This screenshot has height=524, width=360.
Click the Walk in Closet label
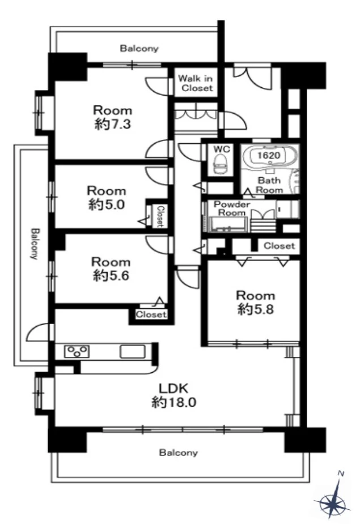[x=196, y=83]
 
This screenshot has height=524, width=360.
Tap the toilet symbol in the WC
[x=219, y=164]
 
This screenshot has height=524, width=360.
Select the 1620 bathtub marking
[x=269, y=155]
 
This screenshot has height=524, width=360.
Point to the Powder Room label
[x=232, y=208]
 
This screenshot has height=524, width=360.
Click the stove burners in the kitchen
[x=77, y=352]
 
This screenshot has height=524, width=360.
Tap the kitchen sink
[x=133, y=352]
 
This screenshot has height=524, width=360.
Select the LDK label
[x=173, y=388]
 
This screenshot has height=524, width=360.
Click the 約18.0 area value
[x=173, y=402]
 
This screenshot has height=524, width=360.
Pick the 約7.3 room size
[x=112, y=124]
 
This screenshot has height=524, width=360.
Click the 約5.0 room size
[x=107, y=204]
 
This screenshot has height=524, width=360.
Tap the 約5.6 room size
[x=111, y=276]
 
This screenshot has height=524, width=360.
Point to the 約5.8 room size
[x=256, y=309]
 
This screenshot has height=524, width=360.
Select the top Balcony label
[x=139, y=49]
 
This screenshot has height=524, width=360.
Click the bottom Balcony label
[x=179, y=453]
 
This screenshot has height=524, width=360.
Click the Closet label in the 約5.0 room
[x=160, y=216]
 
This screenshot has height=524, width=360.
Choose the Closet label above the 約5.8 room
[x=279, y=246]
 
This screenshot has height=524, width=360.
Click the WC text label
[x=222, y=149]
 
